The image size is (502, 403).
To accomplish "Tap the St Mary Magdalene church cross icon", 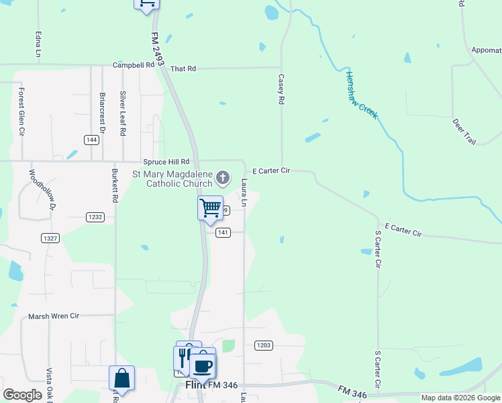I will [x=223, y=178].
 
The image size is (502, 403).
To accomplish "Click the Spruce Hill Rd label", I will [x=166, y=162].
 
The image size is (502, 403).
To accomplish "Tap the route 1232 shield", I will [x=95, y=216].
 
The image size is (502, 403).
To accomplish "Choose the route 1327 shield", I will [x=50, y=238].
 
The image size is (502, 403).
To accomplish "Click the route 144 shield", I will [x=92, y=140].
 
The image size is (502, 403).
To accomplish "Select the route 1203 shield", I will [x=264, y=345].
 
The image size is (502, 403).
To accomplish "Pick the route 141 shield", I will [x=223, y=232].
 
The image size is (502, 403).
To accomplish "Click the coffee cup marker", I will [x=203, y=366].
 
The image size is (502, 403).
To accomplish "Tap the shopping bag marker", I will [x=121, y=378].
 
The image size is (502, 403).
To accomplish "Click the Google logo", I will [x=21, y=394].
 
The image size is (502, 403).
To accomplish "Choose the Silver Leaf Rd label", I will [x=123, y=114].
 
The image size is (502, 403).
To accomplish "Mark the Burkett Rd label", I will [x=115, y=185].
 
